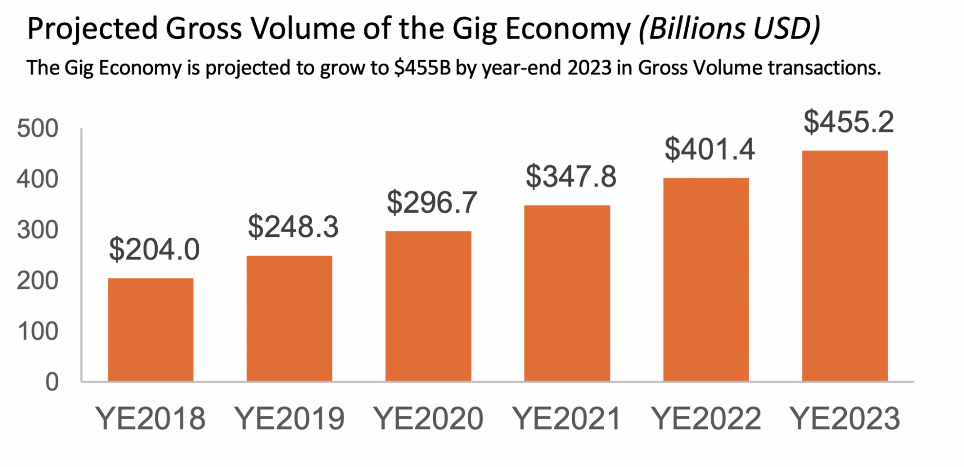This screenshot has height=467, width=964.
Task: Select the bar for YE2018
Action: [150, 330]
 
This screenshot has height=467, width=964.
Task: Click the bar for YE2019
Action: [289, 318]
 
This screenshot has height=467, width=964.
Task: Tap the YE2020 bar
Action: [428, 306]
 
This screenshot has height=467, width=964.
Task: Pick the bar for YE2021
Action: [567, 293]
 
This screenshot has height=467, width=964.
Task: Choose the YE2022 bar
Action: [706, 280]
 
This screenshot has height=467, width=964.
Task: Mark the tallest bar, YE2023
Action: [845, 266]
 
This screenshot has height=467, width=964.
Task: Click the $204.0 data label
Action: [154, 249]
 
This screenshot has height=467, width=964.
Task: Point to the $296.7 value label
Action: [432, 202]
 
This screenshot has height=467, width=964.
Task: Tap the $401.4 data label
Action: [709, 149]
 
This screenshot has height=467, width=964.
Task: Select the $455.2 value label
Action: [848, 122]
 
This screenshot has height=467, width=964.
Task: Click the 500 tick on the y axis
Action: [38, 129]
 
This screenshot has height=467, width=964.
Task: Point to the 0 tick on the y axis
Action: [52, 382]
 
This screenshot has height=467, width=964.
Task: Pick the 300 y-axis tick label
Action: [38, 230]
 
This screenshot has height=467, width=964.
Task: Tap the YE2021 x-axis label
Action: [567, 418]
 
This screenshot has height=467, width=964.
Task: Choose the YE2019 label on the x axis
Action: [289, 418]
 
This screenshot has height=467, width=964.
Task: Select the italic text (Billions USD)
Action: [729, 29]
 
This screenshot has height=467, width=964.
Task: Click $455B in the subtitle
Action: [422, 68]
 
